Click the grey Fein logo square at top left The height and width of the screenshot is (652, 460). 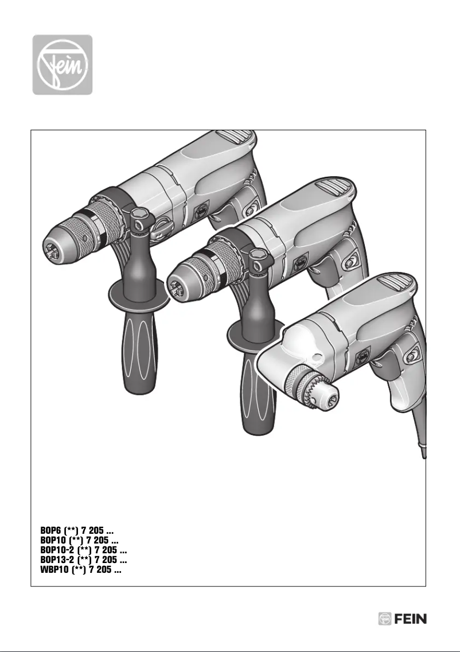pyautogui.click(x=62, y=64)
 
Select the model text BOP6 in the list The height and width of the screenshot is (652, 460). pyautogui.click(x=51, y=533)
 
